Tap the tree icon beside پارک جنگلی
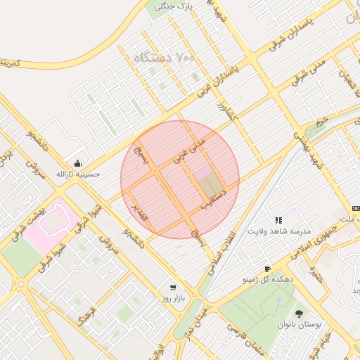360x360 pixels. coord(160,6)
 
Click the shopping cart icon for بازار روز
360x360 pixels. coord(173,288)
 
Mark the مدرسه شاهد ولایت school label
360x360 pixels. coord(278,231)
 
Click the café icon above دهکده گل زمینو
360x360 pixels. coord(267,269)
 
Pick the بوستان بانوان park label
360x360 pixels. coord(300,326)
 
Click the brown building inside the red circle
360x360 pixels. coord(210,184)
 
